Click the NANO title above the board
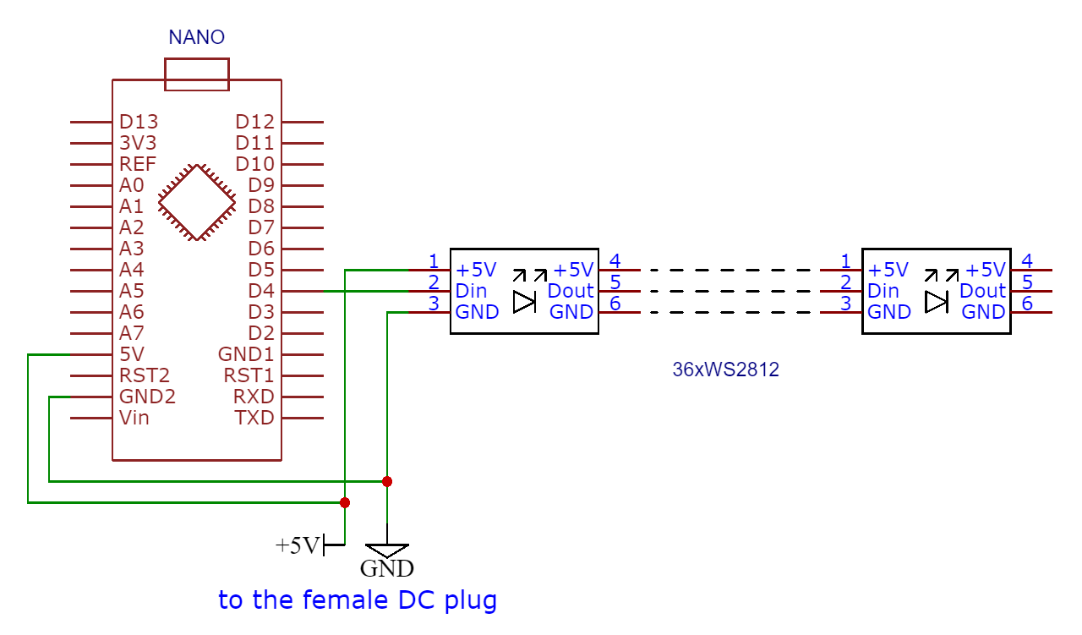(x=196, y=37)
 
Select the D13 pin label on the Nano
(x=138, y=122)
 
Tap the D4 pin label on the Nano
(x=261, y=291)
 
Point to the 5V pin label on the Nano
(x=131, y=354)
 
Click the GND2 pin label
(x=147, y=397)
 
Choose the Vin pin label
(x=134, y=418)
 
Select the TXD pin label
(x=254, y=418)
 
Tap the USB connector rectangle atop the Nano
(x=196, y=74)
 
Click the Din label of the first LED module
(x=471, y=291)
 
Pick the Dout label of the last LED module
(x=982, y=291)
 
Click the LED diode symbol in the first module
(x=525, y=302)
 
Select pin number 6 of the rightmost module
(x=1027, y=304)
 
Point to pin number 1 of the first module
(x=433, y=260)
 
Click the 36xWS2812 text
(x=725, y=370)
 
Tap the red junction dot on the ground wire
(x=387, y=482)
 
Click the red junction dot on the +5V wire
(x=345, y=502)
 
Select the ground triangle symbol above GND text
(x=387, y=550)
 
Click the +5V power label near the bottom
(x=298, y=546)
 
